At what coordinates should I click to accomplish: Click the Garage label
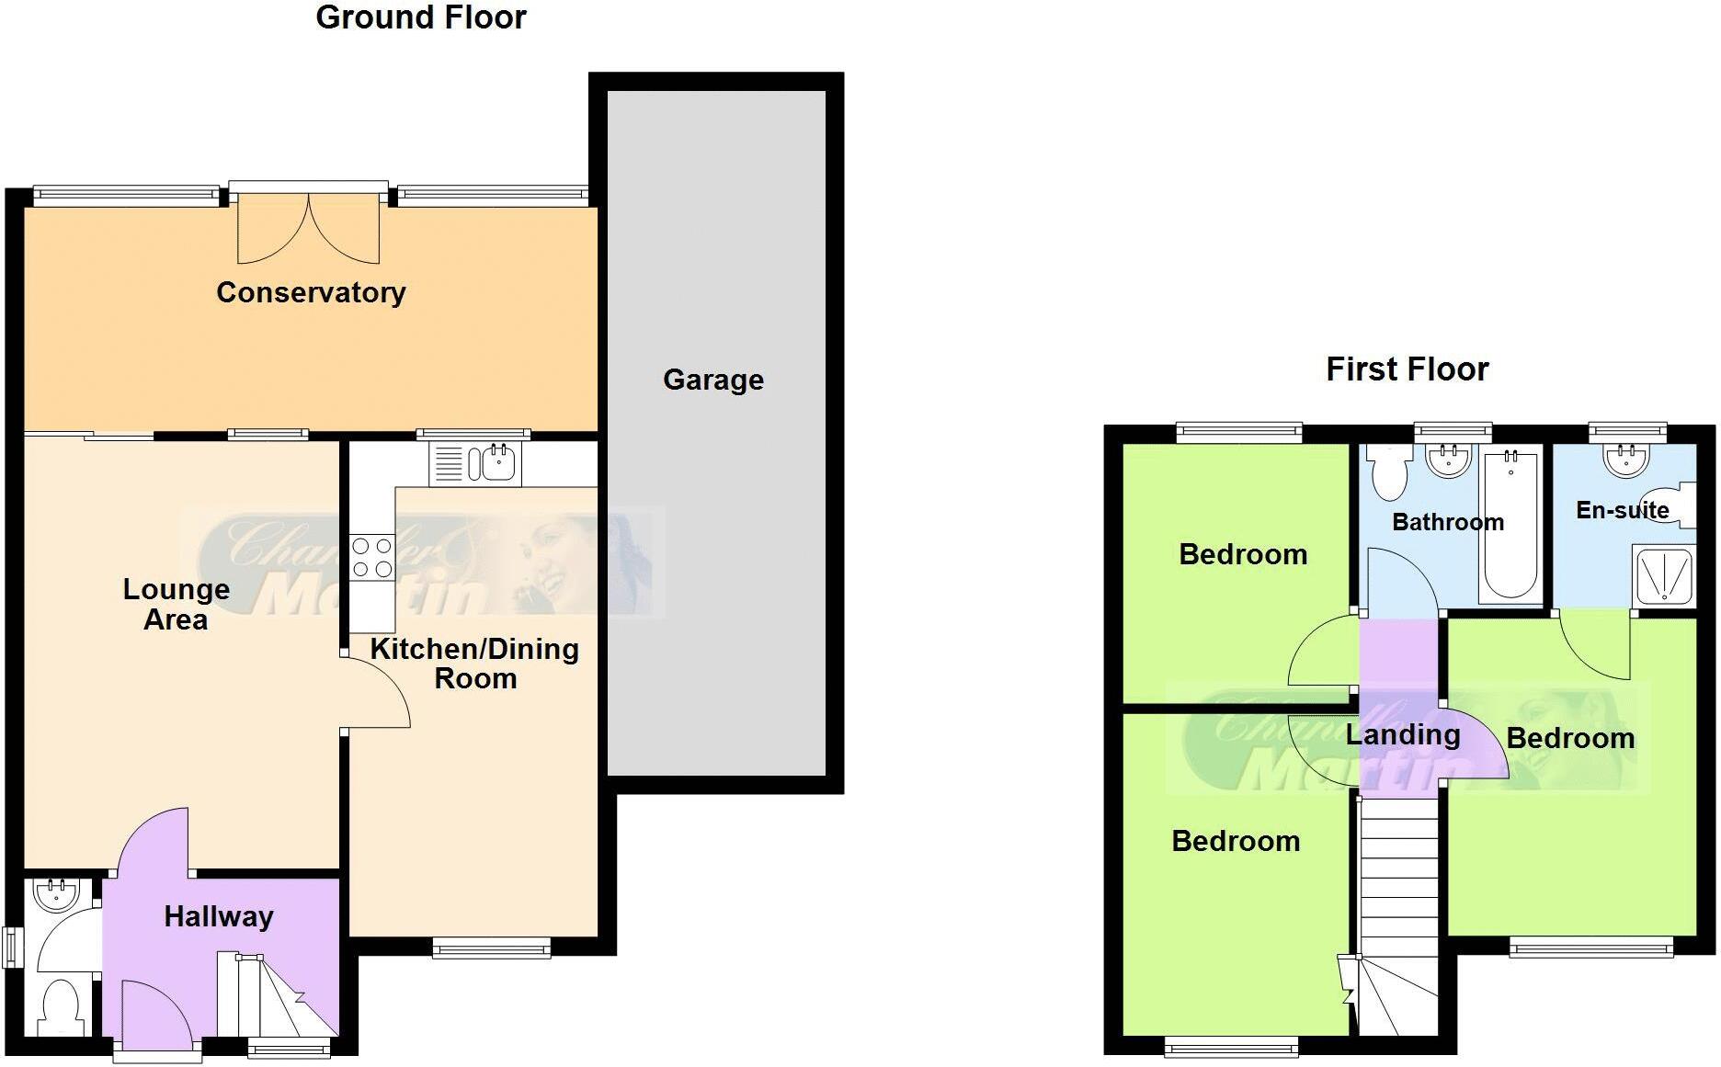click(713, 380)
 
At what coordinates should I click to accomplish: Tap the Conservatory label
click(311, 292)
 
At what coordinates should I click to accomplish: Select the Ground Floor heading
click(421, 17)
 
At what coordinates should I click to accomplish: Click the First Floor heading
click(1407, 369)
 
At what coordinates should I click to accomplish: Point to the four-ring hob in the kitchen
click(371, 558)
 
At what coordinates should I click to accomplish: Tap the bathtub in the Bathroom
click(1510, 525)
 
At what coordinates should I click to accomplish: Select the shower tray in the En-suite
click(1664, 576)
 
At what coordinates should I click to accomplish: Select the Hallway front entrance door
click(154, 1015)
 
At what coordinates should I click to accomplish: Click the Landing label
click(1403, 734)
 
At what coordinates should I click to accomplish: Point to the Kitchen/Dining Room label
click(474, 664)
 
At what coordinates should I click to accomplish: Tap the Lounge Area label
click(176, 604)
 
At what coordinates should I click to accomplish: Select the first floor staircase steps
click(1398, 882)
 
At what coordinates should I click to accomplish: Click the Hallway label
click(219, 916)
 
